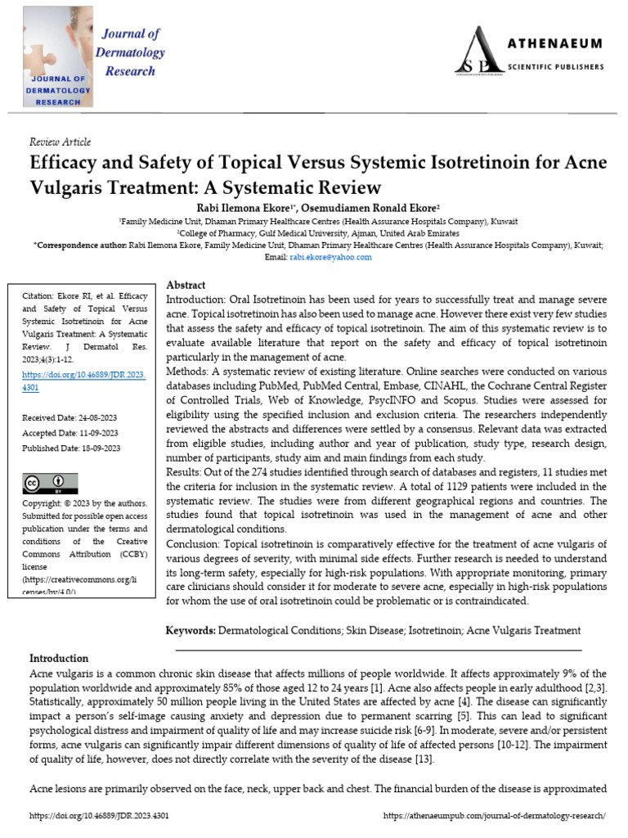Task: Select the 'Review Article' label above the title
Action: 60,142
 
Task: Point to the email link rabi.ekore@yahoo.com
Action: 330,257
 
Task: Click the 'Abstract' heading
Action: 186,285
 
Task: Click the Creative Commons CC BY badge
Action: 50,482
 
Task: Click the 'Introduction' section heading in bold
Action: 59,658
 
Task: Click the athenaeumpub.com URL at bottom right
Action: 494,817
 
